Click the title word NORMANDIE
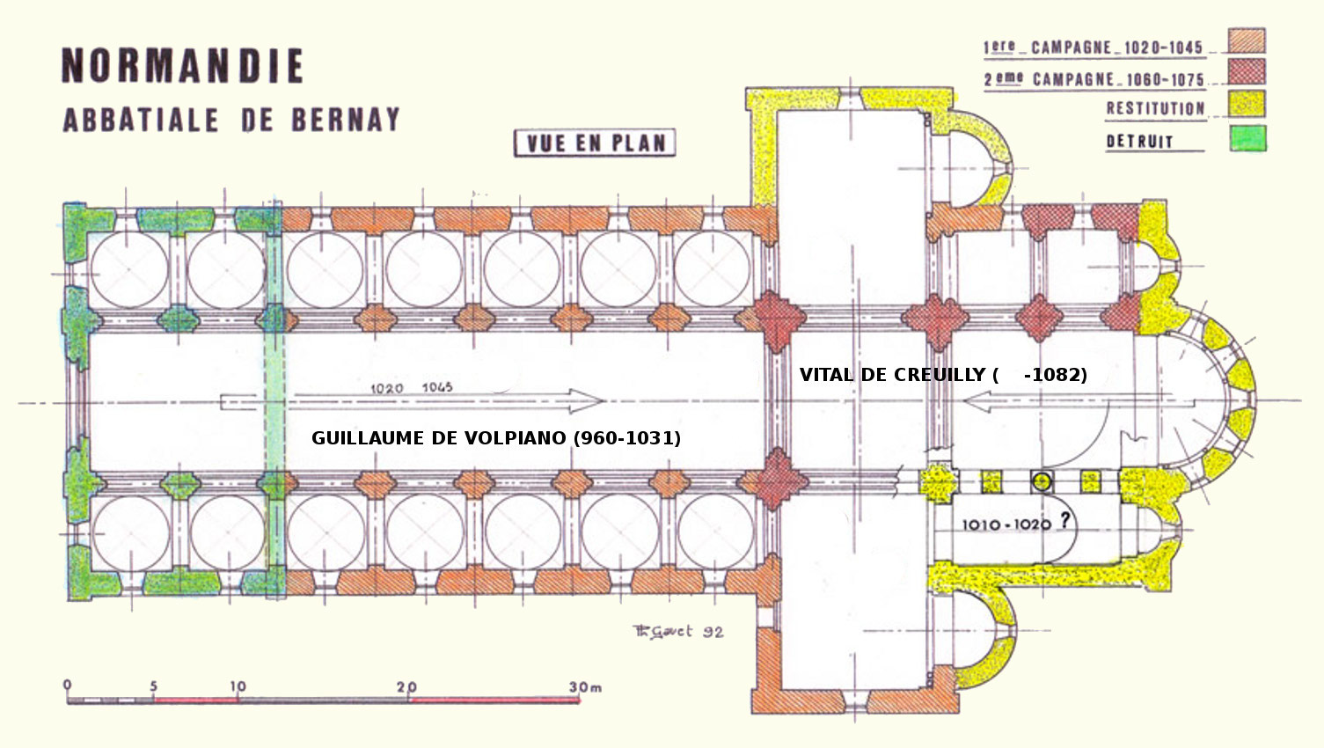click(x=183, y=65)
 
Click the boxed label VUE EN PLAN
click(x=595, y=143)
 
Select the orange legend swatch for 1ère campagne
click(x=1247, y=40)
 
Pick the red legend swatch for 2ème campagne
click(x=1247, y=71)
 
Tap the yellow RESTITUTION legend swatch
click(x=1247, y=104)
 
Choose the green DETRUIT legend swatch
click(x=1247, y=138)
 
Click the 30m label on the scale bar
click(x=585, y=687)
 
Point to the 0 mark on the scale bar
click(x=68, y=685)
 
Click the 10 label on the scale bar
click(x=238, y=686)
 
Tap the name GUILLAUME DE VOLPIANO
click(x=441, y=438)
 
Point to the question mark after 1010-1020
click(x=1064, y=520)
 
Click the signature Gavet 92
click(x=678, y=632)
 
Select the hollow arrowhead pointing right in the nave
click(x=585, y=400)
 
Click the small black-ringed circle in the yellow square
click(x=1042, y=482)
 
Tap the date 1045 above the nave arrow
click(x=437, y=387)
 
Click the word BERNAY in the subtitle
click(x=345, y=120)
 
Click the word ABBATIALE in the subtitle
click(x=141, y=121)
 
